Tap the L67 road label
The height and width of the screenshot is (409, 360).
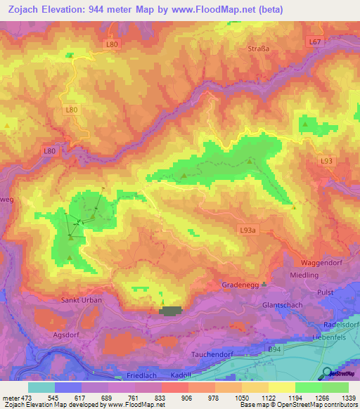tap(315, 43)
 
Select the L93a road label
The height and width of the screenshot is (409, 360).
tap(248, 230)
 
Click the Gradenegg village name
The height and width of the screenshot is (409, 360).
tap(238, 285)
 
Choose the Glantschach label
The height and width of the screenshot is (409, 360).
tap(281, 305)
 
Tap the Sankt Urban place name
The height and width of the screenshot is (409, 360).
tap(83, 300)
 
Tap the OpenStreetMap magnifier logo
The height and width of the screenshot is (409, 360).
tap(326, 373)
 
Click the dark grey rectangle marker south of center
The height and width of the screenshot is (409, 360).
tap(171, 310)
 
